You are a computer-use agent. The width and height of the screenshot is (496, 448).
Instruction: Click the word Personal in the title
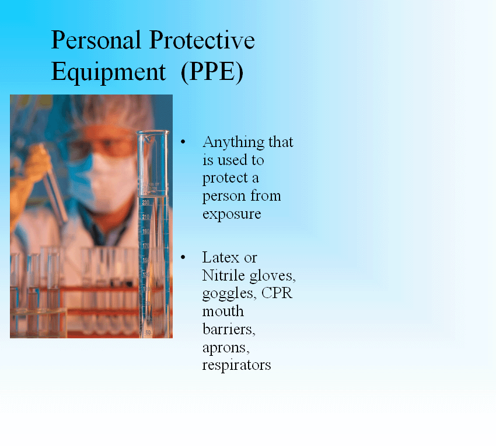point(96,40)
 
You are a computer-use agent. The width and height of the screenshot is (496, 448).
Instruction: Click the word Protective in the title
point(202,40)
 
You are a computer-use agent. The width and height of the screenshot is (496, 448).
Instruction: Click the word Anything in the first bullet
point(233,143)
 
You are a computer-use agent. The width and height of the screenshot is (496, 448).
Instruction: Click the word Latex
point(221,257)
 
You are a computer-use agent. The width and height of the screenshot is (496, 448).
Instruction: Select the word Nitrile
point(223,275)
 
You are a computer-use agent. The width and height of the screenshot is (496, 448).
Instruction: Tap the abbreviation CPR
point(277,293)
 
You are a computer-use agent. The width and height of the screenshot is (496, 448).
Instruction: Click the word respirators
point(236,366)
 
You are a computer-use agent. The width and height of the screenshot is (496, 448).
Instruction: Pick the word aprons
point(226,348)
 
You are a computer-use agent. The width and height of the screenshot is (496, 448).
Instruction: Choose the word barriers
point(229,329)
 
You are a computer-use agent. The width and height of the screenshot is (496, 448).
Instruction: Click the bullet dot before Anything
point(183,142)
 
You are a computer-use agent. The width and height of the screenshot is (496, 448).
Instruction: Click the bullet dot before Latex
point(183,257)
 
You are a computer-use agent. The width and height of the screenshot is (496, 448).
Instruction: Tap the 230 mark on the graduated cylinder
point(145,202)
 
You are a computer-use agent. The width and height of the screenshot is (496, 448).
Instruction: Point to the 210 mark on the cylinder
point(145,217)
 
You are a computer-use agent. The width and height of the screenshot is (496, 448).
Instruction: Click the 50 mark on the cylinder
point(148,332)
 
